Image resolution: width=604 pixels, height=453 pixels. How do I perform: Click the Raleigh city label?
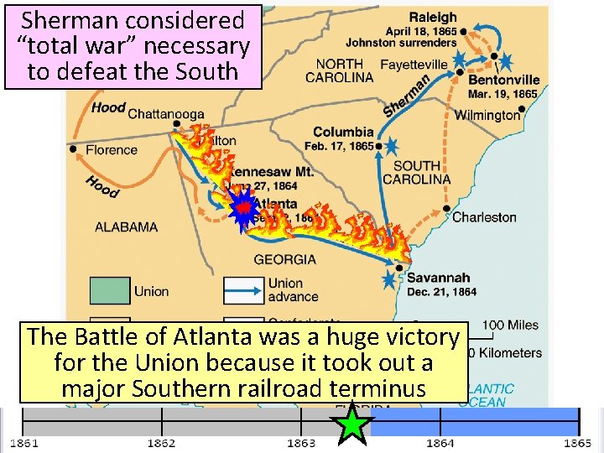coord(433,17)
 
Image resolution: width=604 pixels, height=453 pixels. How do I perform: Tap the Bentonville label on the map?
coord(503,80)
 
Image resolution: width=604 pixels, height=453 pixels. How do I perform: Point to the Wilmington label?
coord(487,115)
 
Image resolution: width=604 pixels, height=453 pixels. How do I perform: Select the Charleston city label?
coord(484,217)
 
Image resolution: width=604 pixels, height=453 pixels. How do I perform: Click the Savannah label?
coord(439,278)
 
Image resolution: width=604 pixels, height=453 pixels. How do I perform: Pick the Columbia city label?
coord(343,132)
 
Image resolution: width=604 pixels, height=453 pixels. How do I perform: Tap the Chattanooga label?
coord(167,114)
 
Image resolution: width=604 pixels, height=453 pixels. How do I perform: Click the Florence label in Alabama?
coord(111,150)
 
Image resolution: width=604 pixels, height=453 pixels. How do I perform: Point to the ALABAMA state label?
coord(126,226)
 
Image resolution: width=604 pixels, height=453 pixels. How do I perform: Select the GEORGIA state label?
coord(285,259)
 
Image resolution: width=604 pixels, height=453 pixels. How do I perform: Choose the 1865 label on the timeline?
coord(578,443)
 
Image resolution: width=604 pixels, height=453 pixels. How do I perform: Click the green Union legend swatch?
coord(110,290)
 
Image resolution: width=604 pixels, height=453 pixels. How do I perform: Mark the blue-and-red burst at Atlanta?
coord(243,209)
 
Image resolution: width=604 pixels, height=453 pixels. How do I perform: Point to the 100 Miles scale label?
coord(511,325)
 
